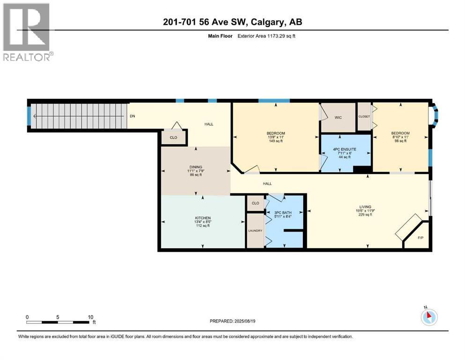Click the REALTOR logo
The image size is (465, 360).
(x=26, y=32)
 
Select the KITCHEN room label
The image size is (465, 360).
(x=203, y=218)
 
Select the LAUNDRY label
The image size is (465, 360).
(x=255, y=230)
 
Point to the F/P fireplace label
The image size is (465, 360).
(x=420, y=238)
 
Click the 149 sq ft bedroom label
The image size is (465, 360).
(x=275, y=137)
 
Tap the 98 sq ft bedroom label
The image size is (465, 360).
(x=400, y=137)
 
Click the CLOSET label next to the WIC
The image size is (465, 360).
(x=364, y=116)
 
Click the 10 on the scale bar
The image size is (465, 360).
(x=90, y=317)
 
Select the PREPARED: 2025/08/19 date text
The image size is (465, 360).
(x=232, y=321)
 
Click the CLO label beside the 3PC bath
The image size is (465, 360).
(x=255, y=203)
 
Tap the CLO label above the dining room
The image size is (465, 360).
(x=173, y=138)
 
